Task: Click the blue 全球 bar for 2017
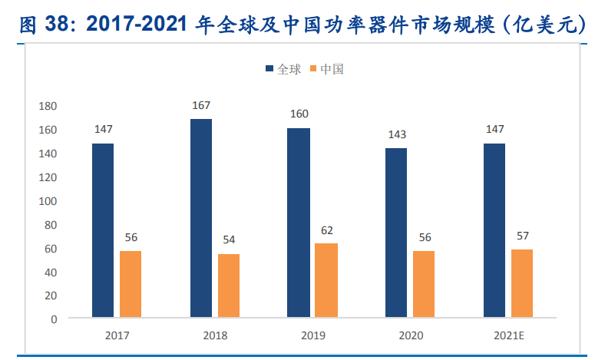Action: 103,230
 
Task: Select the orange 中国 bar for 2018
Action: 229,286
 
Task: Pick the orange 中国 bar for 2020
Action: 424,284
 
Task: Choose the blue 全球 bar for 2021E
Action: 494,230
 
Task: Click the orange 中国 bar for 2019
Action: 326,280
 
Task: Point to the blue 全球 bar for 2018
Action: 201,218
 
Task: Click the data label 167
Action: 201,105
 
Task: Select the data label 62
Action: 326,230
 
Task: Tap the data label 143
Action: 396,134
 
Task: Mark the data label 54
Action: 229,239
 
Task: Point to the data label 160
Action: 299,114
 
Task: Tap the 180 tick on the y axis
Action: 48,106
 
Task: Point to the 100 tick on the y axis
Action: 48,200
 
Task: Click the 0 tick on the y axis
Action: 54,319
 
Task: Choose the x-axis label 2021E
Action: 507,335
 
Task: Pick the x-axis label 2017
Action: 117,335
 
